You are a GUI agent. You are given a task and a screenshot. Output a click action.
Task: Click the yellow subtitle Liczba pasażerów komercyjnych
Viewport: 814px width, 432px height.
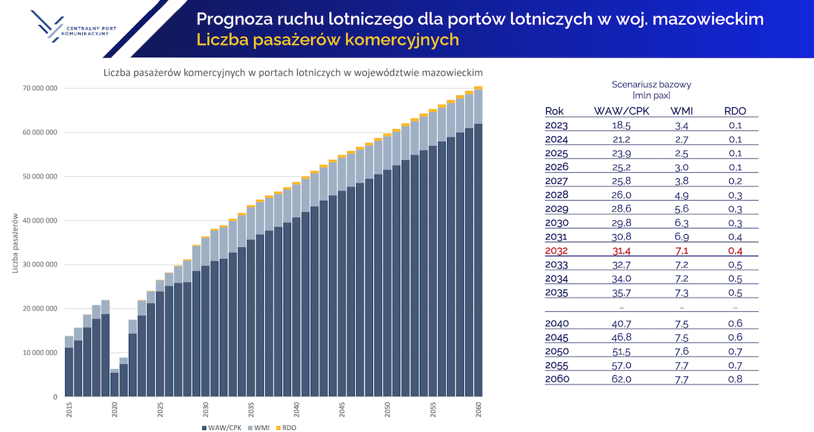tap(328, 40)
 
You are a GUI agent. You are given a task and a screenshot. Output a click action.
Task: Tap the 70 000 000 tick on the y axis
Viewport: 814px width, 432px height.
tap(40, 88)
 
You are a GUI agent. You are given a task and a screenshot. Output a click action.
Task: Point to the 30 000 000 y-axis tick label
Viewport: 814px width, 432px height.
tap(40, 264)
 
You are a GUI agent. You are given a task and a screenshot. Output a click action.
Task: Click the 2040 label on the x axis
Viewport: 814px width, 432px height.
tap(296, 409)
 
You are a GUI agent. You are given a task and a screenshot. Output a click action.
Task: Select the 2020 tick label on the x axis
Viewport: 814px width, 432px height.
tap(115, 409)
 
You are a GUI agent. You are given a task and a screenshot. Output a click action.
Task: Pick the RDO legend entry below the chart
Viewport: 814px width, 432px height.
tap(287, 428)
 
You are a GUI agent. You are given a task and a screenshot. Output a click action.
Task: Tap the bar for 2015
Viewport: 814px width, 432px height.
tap(69, 366)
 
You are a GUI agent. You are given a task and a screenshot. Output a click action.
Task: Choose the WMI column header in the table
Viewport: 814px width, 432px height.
tap(680, 111)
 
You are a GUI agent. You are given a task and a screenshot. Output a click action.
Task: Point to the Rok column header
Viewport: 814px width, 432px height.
tap(554, 111)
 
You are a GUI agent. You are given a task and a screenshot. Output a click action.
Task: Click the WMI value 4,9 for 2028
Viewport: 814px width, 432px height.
tap(680, 195)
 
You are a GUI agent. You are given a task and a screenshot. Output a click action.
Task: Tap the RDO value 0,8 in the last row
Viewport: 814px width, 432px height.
tap(735, 378)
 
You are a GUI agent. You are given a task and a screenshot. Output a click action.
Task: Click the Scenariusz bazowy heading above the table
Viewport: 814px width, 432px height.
tap(651, 85)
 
